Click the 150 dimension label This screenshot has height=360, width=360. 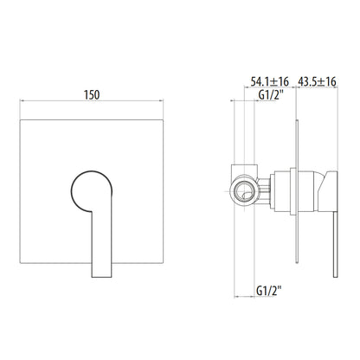coord(92,95)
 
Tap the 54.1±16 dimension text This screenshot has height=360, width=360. coord(269,81)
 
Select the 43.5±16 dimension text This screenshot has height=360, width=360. coord(317,81)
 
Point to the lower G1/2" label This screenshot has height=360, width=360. coord(269,291)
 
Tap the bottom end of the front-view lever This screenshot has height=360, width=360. coord(101,277)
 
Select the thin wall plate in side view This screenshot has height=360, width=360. coord(297,191)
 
